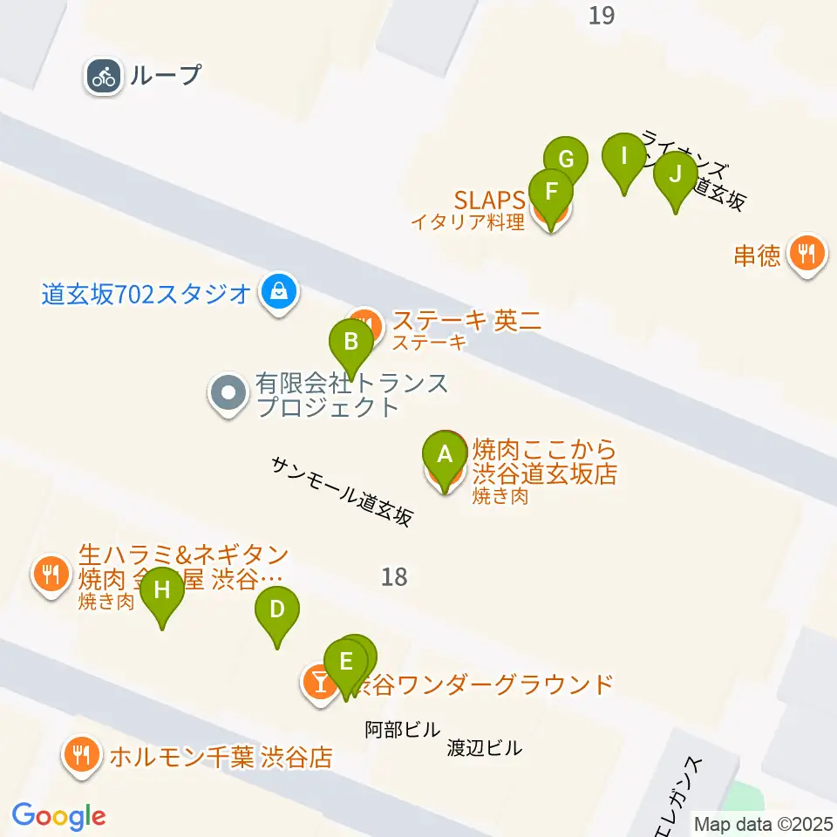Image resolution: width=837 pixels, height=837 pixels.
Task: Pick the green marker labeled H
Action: click(x=162, y=591)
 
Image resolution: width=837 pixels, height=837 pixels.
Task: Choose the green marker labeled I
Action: click(x=623, y=157)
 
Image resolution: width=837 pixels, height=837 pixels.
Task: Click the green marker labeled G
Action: click(x=566, y=160)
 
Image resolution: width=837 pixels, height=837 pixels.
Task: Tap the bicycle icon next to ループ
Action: click(x=104, y=76)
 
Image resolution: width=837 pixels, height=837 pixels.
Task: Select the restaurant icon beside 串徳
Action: click(x=805, y=254)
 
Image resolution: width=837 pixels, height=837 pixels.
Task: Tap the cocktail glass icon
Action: click(x=319, y=683)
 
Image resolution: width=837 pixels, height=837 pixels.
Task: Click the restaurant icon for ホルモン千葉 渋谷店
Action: click(x=83, y=754)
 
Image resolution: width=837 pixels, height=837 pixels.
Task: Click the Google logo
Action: click(x=58, y=816)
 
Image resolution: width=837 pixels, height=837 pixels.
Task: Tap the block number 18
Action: click(x=394, y=576)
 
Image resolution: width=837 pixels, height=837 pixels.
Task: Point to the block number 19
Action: click(x=602, y=15)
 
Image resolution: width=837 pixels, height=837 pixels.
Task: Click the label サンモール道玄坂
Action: click(x=341, y=492)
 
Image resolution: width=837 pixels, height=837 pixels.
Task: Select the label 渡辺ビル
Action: click(x=484, y=748)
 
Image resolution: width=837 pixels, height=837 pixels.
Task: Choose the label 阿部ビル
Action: click(x=402, y=730)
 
